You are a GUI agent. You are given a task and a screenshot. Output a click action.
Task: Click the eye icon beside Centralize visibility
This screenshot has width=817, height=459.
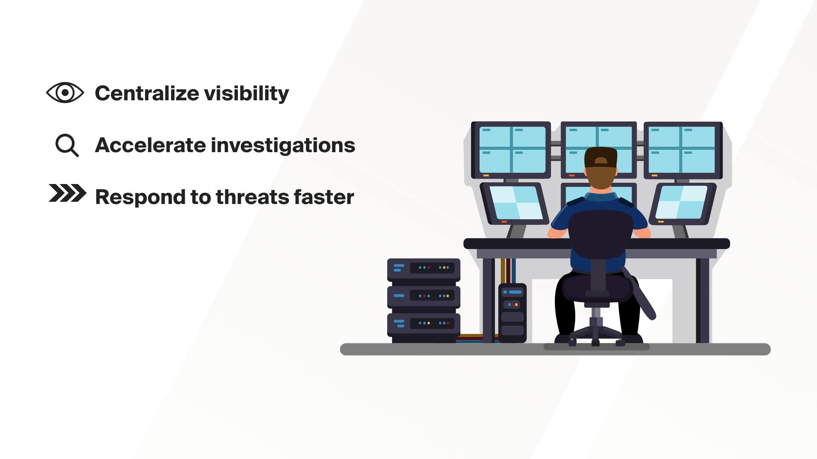tap(65, 93)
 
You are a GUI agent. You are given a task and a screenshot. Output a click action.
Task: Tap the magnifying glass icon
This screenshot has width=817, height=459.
tap(67, 146)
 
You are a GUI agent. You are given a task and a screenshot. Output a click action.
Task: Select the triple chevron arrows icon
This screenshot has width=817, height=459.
tap(67, 193)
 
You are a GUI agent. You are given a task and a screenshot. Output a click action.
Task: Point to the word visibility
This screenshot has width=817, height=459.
tap(246, 93)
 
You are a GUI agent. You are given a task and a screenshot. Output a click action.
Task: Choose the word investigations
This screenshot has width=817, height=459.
tap(283, 146)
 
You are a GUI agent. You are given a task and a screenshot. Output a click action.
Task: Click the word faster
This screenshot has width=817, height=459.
tap(324, 197)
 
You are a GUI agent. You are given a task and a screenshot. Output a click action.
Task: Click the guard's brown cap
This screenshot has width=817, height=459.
tap(600, 157)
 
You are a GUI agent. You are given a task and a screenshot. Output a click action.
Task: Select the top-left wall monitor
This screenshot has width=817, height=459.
tap(511, 150)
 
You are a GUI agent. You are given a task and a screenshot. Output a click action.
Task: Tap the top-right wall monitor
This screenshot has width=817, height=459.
tap(683, 150)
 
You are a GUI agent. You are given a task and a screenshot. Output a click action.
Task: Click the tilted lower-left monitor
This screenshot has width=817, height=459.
tap(514, 203)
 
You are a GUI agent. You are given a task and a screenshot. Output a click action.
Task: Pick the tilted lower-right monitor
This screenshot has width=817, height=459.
tap(683, 204)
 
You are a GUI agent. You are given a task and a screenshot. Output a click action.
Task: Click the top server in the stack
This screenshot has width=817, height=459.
tap(423, 269)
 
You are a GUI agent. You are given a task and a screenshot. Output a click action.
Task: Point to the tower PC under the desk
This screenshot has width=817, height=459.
tap(512, 313)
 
